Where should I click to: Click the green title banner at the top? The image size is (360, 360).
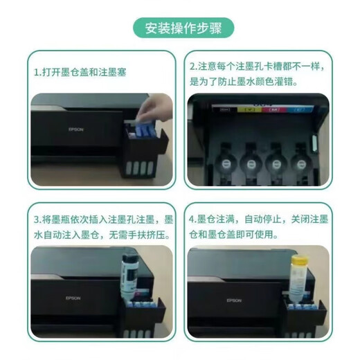[x=180, y=28]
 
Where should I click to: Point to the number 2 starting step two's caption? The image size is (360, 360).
[x=193, y=67]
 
